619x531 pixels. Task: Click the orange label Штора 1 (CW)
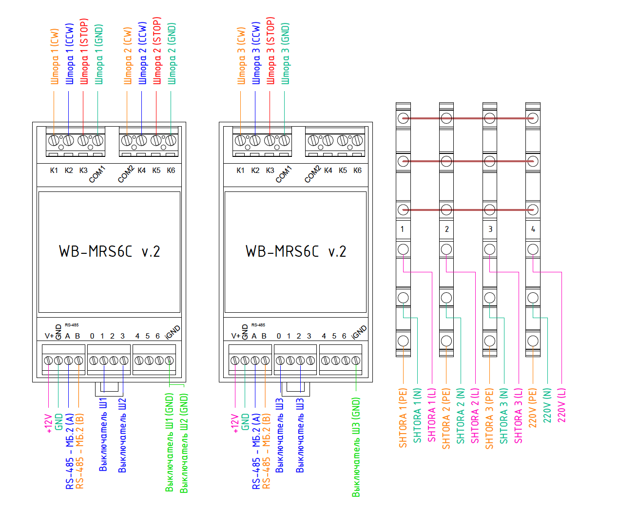tap(55, 57)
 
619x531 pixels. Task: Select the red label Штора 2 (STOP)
tap(157, 51)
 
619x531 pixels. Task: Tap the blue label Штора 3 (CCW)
tap(256, 53)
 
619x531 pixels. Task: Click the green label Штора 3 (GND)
tap(286, 54)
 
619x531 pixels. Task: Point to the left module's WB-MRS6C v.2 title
tap(110, 251)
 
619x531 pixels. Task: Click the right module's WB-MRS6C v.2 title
tap(296, 251)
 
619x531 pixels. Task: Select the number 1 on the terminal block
tap(402, 229)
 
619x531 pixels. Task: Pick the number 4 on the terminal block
tap(533, 229)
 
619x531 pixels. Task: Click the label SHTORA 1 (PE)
tap(403, 418)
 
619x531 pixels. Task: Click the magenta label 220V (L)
tap(561, 405)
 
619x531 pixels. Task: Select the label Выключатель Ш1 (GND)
tap(169, 443)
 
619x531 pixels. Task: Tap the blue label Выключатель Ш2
tap(122, 436)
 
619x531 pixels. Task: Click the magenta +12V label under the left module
tap(49, 423)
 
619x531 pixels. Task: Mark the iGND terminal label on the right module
tap(359, 332)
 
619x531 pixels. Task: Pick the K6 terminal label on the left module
tap(171, 171)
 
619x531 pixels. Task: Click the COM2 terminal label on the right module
tap(312, 174)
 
